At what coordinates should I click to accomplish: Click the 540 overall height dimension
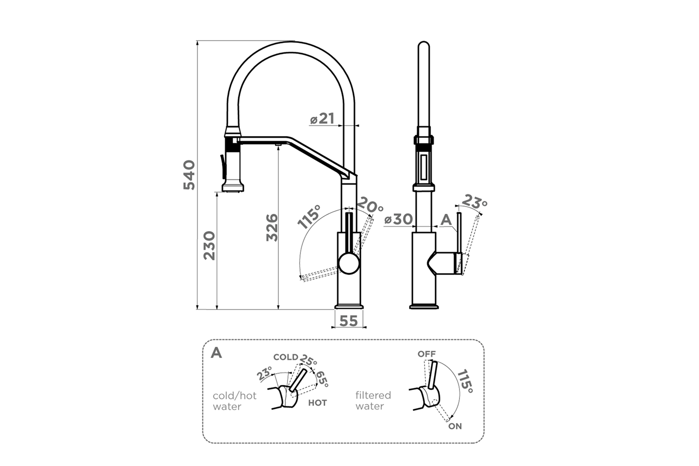coord(189,175)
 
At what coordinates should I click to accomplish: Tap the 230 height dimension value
coord(209,246)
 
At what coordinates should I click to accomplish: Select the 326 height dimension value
coord(272,227)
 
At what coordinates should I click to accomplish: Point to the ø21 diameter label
coord(322,119)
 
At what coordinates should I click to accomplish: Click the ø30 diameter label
coord(398,219)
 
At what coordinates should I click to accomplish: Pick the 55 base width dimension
coord(349,321)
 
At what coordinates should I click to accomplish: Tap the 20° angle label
coord(370,205)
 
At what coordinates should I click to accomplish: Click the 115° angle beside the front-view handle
coord(308,217)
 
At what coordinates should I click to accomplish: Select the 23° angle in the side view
coord(474,202)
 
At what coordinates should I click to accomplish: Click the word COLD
coord(286,357)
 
